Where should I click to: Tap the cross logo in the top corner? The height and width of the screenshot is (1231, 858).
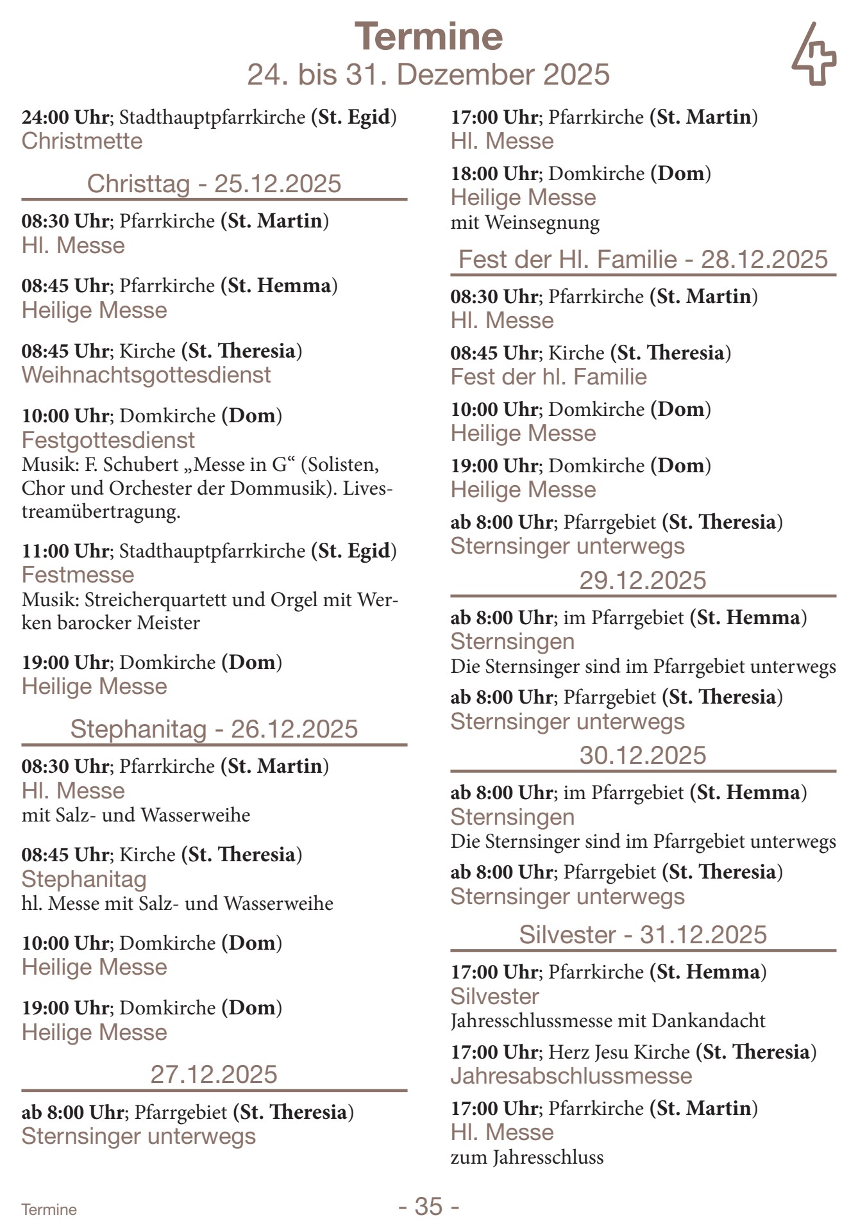coord(814,55)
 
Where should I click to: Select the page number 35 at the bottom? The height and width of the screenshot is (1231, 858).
coord(428,1206)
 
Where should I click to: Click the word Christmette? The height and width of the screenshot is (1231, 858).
coord(82,141)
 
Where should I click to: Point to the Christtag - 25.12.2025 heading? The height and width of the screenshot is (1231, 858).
coord(214,184)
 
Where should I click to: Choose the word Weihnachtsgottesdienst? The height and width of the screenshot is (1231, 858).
coord(146,375)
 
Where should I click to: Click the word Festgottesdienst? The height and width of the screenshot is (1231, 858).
coord(108,440)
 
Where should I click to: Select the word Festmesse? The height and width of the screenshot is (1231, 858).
coord(78,575)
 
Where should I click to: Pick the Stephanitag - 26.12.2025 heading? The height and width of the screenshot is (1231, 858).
coord(214,729)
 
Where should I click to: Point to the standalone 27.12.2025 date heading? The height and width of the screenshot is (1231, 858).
coord(214,1074)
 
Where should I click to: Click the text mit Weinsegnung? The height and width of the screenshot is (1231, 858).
coord(525,223)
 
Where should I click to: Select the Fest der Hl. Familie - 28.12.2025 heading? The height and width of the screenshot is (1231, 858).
coord(643,260)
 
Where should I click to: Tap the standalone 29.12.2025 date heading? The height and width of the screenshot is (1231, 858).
coord(643,580)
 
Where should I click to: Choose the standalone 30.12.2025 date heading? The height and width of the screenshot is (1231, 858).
coord(643,755)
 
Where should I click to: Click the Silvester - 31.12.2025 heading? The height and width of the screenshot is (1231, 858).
coord(643,934)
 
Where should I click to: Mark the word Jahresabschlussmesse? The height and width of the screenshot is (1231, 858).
coord(571,1076)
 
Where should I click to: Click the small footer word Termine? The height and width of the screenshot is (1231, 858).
coord(49,1209)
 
